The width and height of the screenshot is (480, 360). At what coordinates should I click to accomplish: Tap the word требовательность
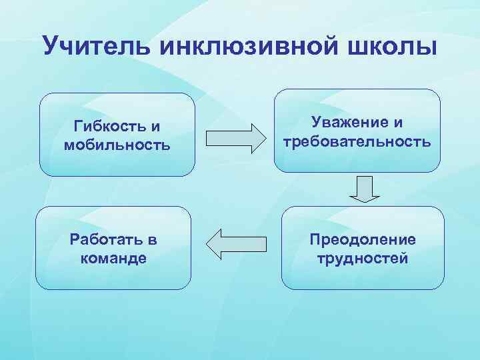(x=357, y=141)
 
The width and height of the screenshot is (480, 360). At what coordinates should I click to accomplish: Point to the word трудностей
(x=363, y=258)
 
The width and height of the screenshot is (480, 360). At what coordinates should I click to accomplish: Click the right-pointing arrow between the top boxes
(x=234, y=138)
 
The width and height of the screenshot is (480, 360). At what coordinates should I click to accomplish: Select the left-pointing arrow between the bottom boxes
(x=233, y=243)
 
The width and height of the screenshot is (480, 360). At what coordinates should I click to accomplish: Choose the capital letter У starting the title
(x=51, y=47)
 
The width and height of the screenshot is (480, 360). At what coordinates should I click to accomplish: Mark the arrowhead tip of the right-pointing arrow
(x=263, y=138)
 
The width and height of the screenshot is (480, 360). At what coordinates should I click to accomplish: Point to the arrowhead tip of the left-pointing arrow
(x=207, y=243)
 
